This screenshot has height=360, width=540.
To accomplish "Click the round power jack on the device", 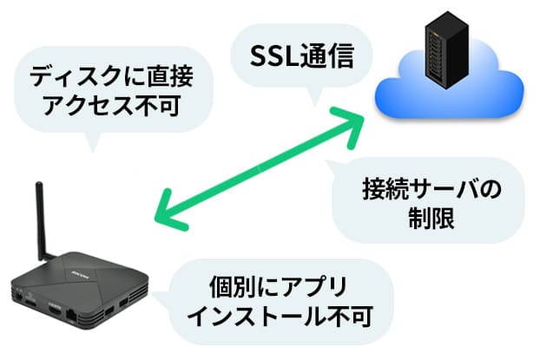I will pos(18,295).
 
